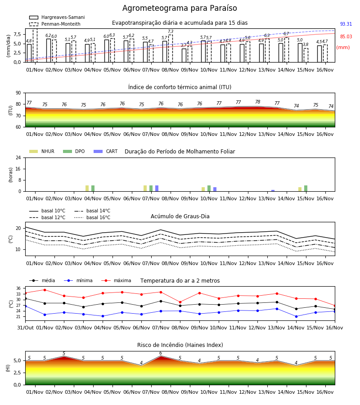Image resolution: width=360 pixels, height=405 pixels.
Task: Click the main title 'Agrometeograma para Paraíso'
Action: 180,8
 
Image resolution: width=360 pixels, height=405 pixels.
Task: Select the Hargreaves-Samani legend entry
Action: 57,17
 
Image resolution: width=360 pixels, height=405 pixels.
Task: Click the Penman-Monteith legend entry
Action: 55,24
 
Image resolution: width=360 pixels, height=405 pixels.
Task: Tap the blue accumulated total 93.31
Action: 346,24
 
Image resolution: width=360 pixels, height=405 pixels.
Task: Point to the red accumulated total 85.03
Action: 346,36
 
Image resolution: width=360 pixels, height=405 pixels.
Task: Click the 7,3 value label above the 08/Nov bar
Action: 171,31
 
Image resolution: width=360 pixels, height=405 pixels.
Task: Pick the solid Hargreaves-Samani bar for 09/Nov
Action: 184,55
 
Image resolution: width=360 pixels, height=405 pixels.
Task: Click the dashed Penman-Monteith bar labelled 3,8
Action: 306,55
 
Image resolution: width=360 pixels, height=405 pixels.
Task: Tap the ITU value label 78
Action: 257,102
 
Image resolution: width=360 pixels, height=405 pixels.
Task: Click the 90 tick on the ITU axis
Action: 18,93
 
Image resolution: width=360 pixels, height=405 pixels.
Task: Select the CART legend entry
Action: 105,151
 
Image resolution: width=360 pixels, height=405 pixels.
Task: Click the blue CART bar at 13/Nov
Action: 273,191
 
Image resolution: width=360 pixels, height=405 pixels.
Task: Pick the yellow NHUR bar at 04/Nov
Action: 87,188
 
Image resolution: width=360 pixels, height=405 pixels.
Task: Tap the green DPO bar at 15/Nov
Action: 306,188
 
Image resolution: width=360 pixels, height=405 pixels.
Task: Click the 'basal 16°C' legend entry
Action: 92,217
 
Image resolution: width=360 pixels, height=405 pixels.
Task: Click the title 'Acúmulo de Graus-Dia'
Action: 180,216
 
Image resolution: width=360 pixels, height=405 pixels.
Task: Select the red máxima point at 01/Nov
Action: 45,290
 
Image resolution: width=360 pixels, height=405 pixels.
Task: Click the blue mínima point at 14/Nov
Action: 296,316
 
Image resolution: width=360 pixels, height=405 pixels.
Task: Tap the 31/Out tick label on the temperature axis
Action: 25,328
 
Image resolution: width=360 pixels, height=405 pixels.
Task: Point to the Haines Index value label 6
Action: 161,353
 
